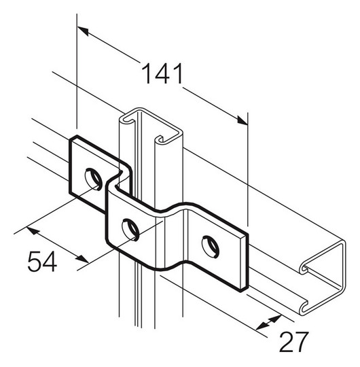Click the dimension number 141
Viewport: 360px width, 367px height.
click(162, 73)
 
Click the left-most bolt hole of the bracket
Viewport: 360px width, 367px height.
click(93, 179)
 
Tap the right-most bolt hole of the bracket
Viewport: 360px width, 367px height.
click(211, 246)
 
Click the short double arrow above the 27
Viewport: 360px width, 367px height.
click(270, 321)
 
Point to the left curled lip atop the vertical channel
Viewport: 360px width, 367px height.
click(125, 121)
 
